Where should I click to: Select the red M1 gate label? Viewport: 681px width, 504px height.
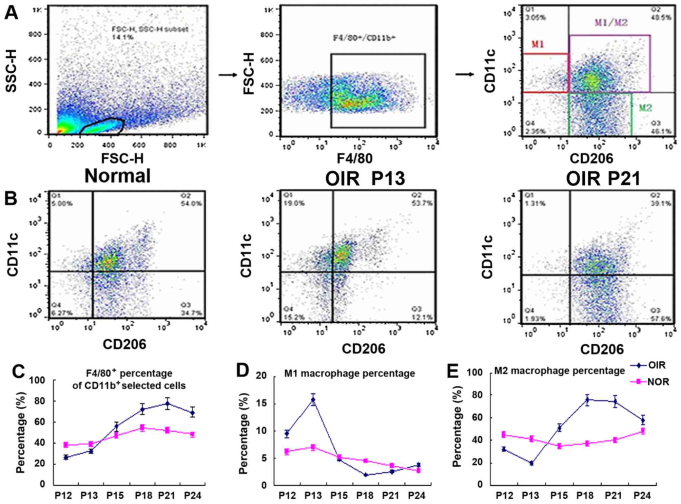pyautogui.click(x=538, y=44)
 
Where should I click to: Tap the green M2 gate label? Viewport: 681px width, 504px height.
pyautogui.click(x=645, y=108)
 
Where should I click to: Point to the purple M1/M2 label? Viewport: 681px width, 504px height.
pyautogui.click(x=611, y=23)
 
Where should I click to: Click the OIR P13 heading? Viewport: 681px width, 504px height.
pyautogui.click(x=365, y=178)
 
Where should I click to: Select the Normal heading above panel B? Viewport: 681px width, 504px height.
pyautogui.click(x=117, y=176)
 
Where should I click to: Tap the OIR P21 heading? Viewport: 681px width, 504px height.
pyautogui.click(x=603, y=178)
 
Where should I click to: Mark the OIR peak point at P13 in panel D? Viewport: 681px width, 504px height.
pyautogui.click(x=313, y=399)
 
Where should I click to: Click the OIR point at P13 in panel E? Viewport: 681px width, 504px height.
pyautogui.click(x=531, y=463)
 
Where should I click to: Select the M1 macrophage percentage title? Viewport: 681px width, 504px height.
pyautogui.click(x=349, y=374)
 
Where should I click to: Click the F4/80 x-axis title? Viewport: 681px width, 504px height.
pyautogui.click(x=354, y=158)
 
